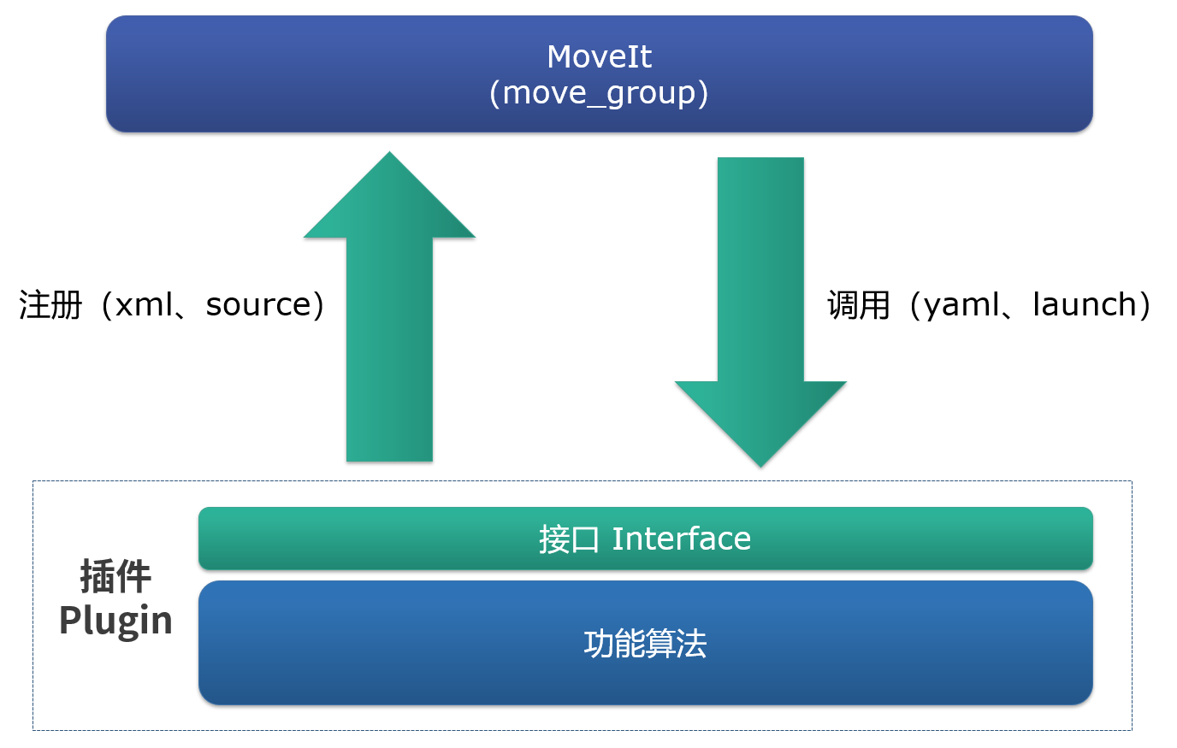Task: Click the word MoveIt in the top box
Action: (x=599, y=57)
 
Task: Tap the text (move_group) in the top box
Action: (x=599, y=92)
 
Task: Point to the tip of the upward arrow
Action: (x=389, y=156)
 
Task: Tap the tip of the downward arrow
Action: (x=760, y=464)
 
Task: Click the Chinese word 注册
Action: (x=50, y=305)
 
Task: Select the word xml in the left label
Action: (x=144, y=305)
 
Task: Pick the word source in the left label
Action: (x=258, y=305)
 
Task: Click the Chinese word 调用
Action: (x=859, y=305)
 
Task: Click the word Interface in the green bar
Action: (x=681, y=539)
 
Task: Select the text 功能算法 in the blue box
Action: (x=645, y=644)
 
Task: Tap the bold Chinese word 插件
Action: (x=115, y=577)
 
